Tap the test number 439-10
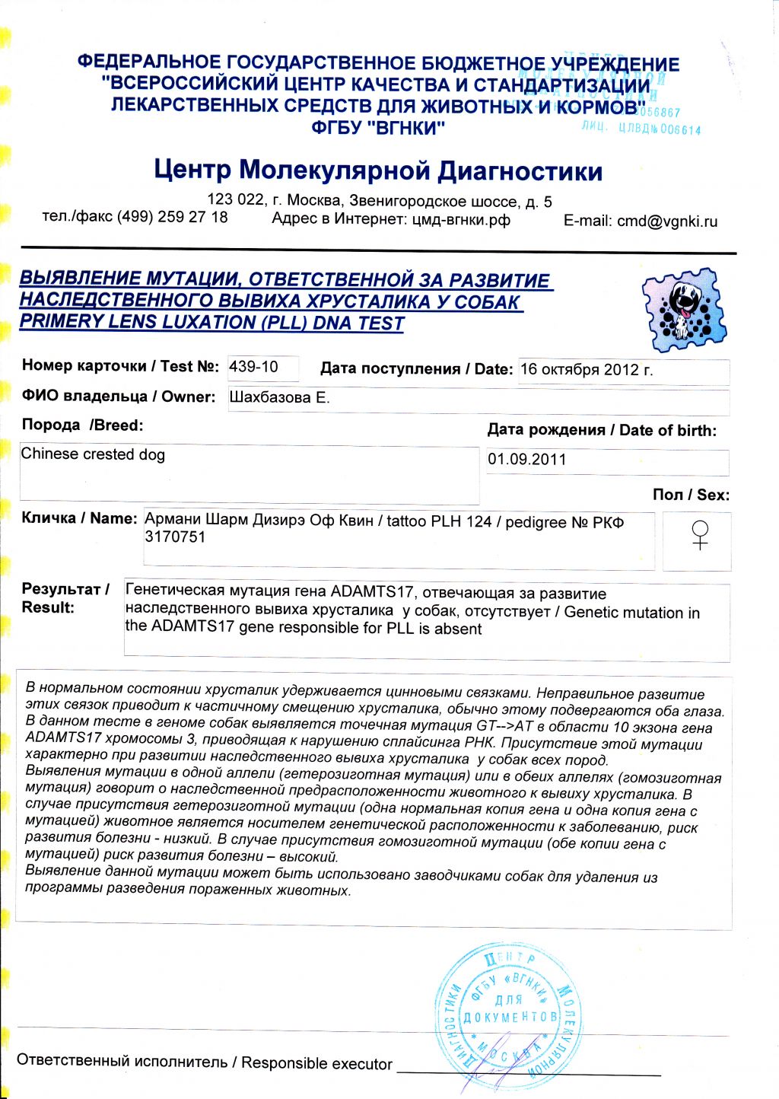254,367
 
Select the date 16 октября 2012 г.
587,371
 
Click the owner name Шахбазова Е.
279,398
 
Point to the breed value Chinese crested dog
93,454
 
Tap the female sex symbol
698,535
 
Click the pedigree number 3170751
175,537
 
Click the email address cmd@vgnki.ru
667,221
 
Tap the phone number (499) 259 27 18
172,217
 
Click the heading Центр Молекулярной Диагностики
378,170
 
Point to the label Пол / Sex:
691,495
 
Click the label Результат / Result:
65,598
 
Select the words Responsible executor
316,1063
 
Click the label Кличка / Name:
79,518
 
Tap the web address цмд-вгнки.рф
461,220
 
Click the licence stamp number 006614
680,130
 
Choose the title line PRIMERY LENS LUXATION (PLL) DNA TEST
211,323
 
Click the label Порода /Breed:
82,425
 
